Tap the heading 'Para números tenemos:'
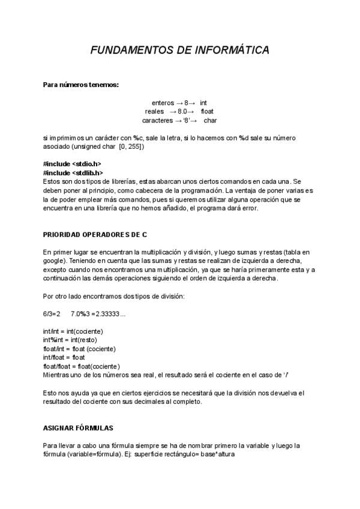coord(81,85)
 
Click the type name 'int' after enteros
coord(204,103)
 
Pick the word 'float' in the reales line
coord(207,111)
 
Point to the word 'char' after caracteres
coord(210,120)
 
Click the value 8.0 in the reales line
coord(184,111)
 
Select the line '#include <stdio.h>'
coord(72,164)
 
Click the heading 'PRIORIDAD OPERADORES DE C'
coord(95,233)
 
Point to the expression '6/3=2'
coord(52,314)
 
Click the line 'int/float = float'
coord(64,357)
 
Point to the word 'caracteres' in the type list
coord(159,120)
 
